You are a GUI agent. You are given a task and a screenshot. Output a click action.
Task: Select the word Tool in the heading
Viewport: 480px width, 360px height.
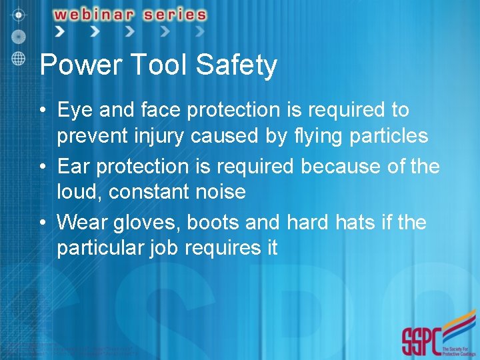click(x=157, y=65)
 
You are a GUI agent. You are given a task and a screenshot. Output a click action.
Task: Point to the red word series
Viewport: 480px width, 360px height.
click(x=172, y=14)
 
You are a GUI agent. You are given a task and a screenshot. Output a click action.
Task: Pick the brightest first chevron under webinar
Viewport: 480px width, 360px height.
click(x=61, y=31)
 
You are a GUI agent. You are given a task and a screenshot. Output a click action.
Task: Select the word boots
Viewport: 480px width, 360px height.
click(x=209, y=221)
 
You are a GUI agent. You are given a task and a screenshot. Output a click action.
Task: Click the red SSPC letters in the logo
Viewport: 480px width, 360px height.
click(x=421, y=341)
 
